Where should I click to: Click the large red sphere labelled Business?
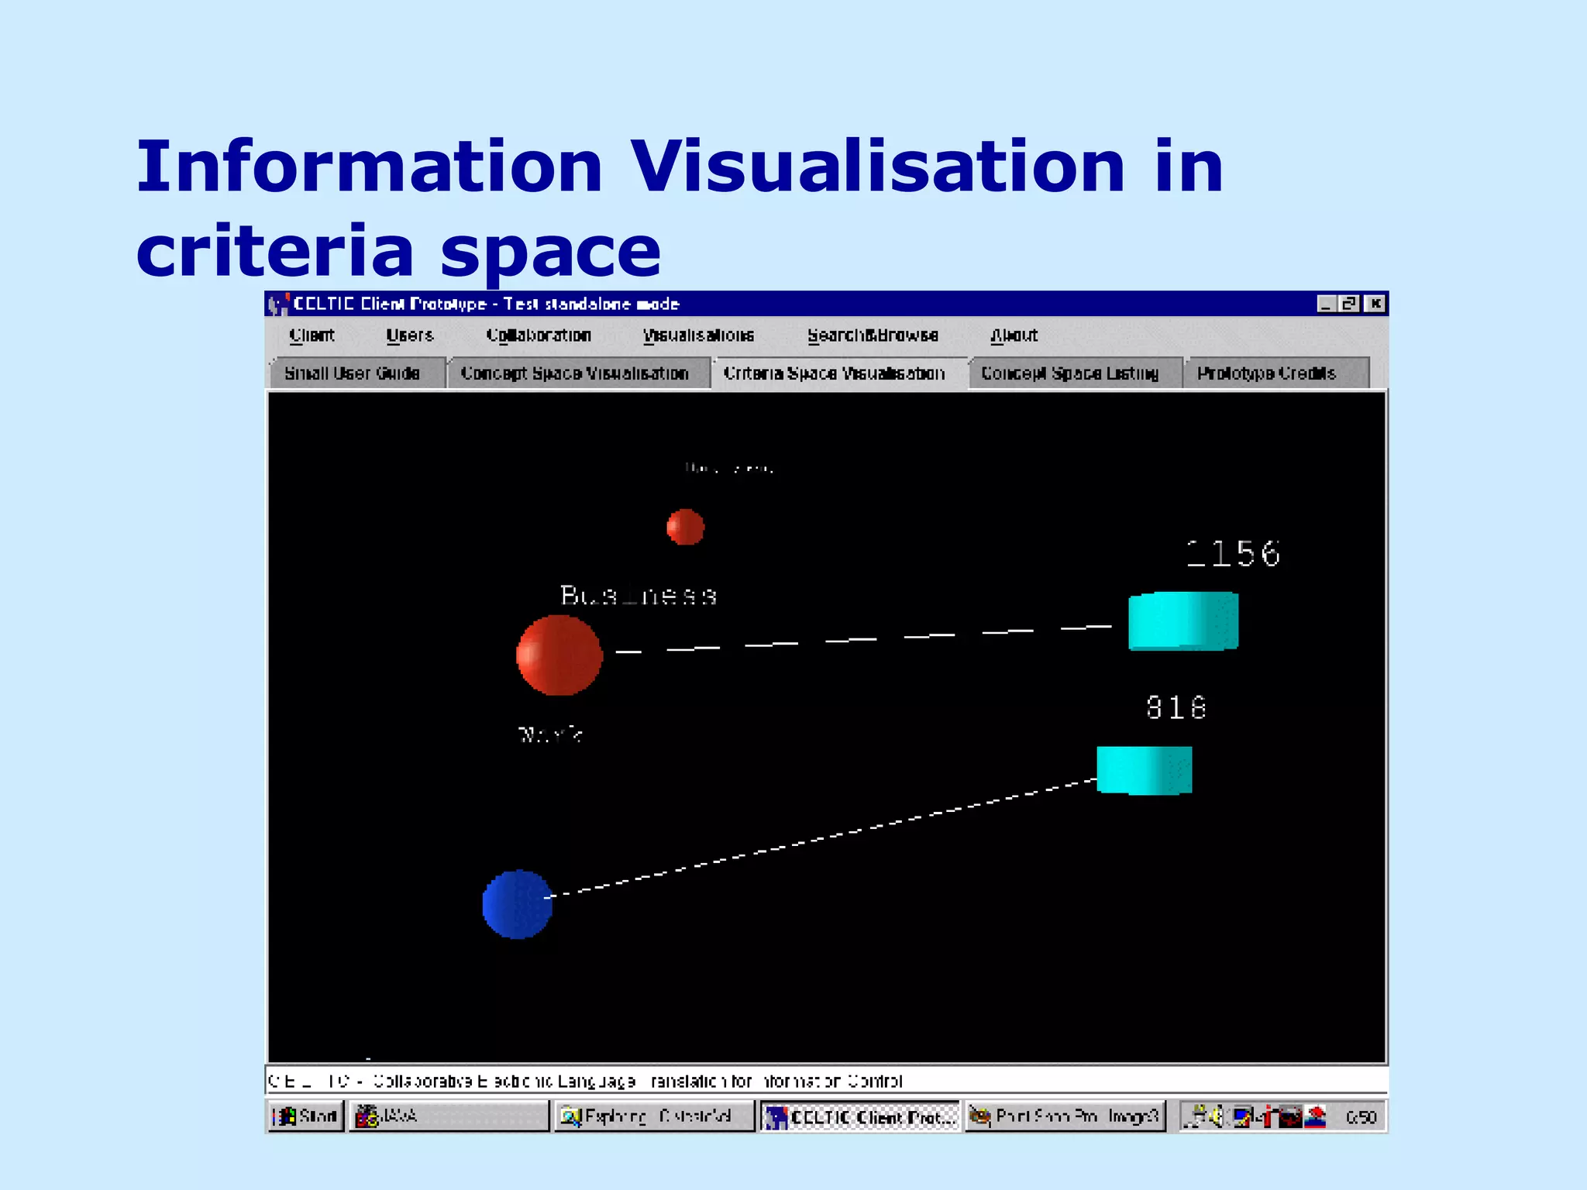point(559,655)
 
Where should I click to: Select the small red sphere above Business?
point(685,527)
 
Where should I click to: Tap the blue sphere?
point(517,904)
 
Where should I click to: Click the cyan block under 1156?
point(1183,621)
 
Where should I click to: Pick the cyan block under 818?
point(1144,770)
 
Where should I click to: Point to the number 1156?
point(1233,554)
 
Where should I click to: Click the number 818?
point(1176,707)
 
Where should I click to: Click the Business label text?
point(639,596)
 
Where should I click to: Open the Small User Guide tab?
point(353,373)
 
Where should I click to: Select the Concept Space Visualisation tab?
point(574,373)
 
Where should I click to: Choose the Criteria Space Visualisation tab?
point(834,373)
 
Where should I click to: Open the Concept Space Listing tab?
point(1069,373)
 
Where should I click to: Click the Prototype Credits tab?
point(1266,373)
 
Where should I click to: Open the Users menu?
point(410,335)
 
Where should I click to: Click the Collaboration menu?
point(539,335)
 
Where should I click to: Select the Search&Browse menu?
point(873,335)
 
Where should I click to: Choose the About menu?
point(1014,335)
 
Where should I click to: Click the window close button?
point(1375,304)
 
